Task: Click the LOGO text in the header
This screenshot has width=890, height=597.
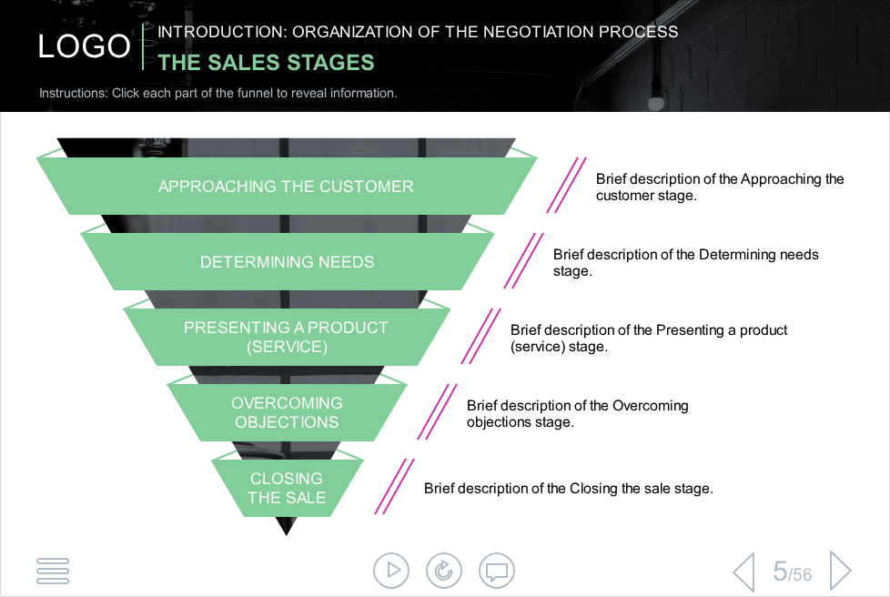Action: coord(84,46)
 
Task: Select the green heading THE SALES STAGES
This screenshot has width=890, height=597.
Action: coord(267,63)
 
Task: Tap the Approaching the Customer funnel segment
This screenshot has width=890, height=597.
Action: coord(287,187)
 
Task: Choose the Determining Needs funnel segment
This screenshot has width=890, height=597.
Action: coord(287,261)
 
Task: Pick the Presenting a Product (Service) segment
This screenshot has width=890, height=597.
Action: coord(287,337)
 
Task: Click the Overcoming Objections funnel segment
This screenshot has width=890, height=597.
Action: coord(287,412)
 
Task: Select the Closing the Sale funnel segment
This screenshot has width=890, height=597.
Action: coord(287,488)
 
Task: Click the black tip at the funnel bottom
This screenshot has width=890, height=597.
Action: coord(287,526)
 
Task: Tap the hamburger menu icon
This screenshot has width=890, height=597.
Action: coord(53,571)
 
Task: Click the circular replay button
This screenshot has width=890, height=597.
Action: coord(444,571)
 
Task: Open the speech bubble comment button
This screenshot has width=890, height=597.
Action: coord(497,571)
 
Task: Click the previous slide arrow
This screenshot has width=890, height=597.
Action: coord(744,572)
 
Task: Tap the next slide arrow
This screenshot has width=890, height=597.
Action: coord(841,571)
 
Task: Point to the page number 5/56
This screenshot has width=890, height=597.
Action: coord(793,572)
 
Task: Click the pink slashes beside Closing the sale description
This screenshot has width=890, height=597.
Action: coord(394,486)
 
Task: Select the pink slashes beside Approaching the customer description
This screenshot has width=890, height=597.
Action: coord(566,185)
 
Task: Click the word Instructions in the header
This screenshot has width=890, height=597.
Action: coord(73,93)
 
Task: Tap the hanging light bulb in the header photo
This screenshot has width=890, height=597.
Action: coord(656,103)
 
